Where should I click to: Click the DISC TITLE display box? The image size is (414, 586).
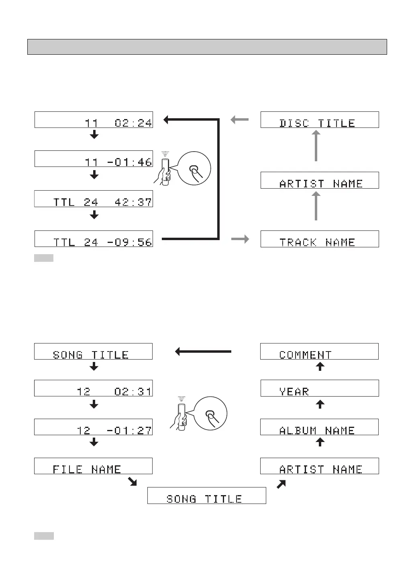pos(320,120)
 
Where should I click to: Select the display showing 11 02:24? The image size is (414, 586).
pos(94,120)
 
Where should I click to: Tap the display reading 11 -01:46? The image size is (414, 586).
pos(94,159)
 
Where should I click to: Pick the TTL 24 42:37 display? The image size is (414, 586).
pos(94,199)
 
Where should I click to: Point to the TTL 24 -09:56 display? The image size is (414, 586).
pos(94,239)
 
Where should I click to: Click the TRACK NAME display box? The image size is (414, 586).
pos(320,239)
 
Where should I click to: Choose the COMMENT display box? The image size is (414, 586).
pos(319,352)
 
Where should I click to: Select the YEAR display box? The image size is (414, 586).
pos(320,388)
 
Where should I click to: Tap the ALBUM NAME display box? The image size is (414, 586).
pos(319,427)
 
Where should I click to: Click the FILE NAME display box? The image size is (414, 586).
pos(93,466)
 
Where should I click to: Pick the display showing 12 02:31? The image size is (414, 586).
pos(93,388)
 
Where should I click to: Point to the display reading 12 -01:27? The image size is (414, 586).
pos(93,427)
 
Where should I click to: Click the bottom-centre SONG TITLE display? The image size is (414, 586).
pos(206,496)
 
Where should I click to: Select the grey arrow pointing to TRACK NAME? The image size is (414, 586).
pos(240,239)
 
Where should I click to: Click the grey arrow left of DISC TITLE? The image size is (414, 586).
pos(240,119)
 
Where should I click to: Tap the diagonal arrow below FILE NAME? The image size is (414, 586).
pos(132,481)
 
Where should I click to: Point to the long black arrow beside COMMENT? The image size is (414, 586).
pos(203,352)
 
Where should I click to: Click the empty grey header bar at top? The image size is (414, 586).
pos(207,47)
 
